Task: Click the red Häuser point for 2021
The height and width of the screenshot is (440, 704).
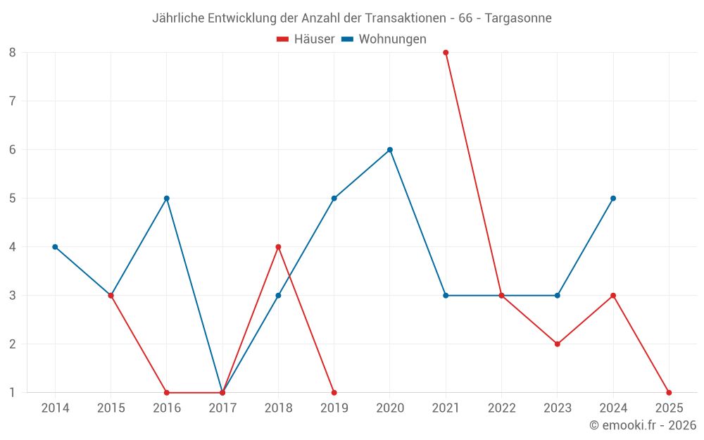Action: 446,52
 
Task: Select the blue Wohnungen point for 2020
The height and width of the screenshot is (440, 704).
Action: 390,149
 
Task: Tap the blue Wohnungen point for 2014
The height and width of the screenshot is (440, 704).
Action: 55,246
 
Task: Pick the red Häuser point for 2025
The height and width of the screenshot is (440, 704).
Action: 669,392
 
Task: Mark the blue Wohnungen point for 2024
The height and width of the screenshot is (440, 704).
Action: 613,198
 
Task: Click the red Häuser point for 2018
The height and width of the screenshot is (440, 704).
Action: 278,246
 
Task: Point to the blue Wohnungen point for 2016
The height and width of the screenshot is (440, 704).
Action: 167,198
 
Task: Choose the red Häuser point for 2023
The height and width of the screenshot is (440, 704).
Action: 558,344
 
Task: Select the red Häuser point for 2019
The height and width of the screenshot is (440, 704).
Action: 334,392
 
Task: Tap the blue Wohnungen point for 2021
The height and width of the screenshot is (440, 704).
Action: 446,295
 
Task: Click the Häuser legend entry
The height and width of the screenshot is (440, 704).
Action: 306,39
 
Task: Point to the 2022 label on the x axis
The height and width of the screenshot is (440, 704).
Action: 501,408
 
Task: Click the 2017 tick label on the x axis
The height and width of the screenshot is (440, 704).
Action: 222,408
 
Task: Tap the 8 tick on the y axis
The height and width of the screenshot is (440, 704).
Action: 13,52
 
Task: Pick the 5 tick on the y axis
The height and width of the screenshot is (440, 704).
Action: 13,198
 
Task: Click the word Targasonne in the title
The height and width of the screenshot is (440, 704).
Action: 518,18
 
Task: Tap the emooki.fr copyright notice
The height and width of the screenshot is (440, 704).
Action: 643,425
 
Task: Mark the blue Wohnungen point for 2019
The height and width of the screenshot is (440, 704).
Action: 334,198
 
